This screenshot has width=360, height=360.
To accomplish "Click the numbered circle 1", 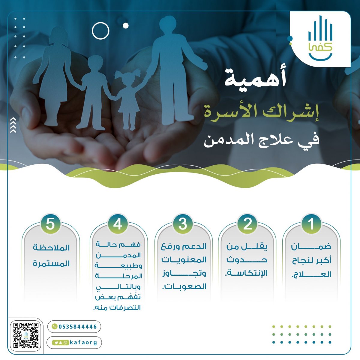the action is [311, 224].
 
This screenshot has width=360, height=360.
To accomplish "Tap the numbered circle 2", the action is [247, 224].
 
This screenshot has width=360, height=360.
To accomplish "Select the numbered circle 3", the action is [183, 224].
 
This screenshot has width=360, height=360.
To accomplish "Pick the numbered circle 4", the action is [118, 224].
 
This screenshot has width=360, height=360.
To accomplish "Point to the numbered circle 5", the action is [50, 224].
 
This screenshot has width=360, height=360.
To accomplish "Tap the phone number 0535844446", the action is [78, 327].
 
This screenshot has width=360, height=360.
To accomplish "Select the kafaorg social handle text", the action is [83, 343].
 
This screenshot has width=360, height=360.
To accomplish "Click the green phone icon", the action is [54, 326].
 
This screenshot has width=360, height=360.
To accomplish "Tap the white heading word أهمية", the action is [255, 79].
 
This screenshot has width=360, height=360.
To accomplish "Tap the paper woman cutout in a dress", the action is [54, 75].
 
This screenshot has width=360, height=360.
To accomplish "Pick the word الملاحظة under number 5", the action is [51, 248].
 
